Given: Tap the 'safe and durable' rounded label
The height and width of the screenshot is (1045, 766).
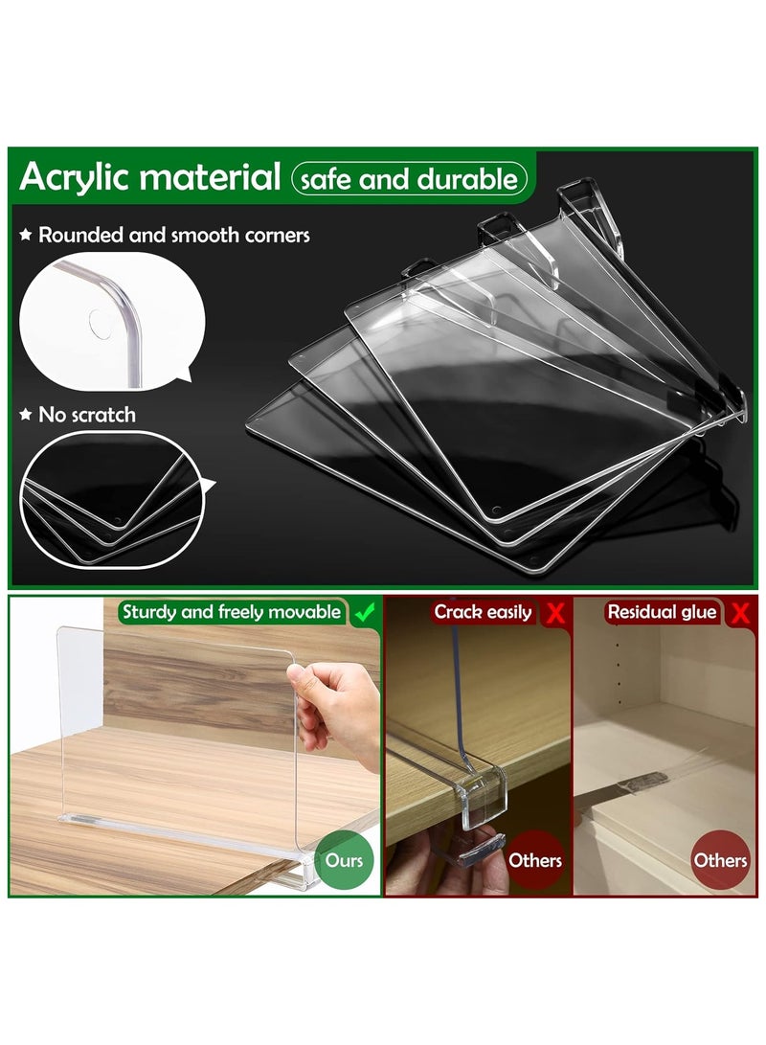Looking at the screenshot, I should (x=410, y=179).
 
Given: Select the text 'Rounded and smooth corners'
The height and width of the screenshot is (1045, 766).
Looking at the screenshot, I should (x=173, y=235).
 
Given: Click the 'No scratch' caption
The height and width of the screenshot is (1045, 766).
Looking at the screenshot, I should (x=86, y=415).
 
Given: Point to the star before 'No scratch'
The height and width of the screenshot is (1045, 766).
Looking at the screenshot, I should (x=26, y=415).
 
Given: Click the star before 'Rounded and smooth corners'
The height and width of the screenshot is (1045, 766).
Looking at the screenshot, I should (x=26, y=235).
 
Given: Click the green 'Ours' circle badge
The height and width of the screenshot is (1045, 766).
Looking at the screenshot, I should (x=344, y=859).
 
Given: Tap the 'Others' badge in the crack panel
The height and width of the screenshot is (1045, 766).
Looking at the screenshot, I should (x=535, y=859).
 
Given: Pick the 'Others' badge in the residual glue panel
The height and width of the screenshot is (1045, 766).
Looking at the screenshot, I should (x=720, y=859).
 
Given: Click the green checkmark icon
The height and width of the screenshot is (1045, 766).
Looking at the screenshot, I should (x=363, y=613).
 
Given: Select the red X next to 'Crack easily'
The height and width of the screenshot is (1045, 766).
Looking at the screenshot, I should (x=553, y=613).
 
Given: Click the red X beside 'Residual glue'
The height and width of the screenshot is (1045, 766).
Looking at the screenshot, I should (x=738, y=613).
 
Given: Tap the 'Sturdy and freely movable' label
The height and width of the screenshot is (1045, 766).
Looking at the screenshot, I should (x=231, y=612).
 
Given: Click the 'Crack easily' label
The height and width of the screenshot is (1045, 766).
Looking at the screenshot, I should (x=484, y=612).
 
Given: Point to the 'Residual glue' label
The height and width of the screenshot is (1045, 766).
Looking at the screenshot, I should (x=662, y=612).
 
